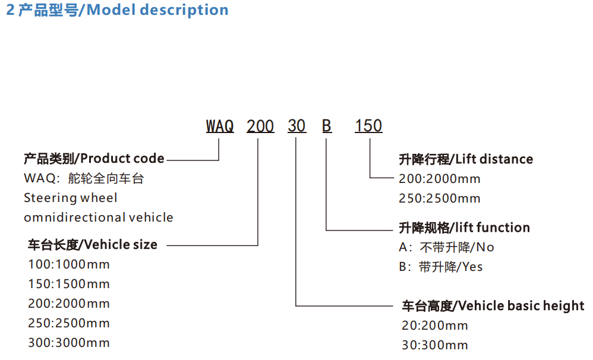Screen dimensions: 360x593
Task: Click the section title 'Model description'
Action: tap(117, 11)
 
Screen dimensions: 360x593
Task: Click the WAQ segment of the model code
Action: tap(220, 127)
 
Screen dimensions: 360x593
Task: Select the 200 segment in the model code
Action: tap(260, 127)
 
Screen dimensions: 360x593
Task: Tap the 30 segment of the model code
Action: tap(296, 127)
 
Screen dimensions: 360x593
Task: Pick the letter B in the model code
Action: tap(327, 127)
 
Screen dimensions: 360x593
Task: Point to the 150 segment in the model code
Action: tap(368, 127)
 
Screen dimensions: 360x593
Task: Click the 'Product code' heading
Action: tap(94, 159)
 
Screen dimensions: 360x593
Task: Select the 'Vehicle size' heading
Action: tap(93, 245)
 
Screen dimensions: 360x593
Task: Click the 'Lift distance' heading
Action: tap(466, 159)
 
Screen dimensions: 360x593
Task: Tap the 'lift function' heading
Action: tap(463, 228)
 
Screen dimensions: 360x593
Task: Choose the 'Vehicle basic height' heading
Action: tap(493, 307)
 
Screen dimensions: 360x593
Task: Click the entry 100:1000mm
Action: tap(69, 265)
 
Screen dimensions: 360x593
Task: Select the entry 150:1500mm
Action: tap(69, 285)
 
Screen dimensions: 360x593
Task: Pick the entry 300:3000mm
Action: tap(69, 343)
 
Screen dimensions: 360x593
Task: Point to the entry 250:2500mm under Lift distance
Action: tap(440, 198)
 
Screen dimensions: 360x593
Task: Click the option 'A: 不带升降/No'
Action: tap(446, 247)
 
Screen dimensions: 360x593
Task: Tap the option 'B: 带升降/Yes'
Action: tap(441, 267)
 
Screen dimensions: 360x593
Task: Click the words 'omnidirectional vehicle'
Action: tap(99, 217)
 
